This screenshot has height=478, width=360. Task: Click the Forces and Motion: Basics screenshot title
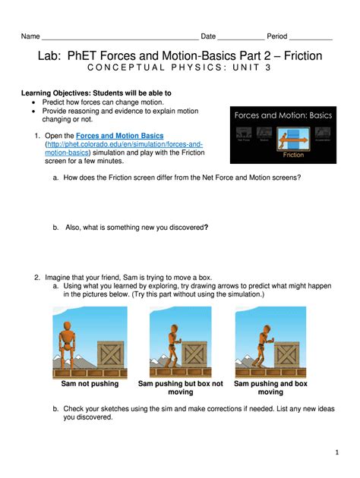(x=283, y=116)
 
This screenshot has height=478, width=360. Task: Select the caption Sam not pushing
(x=90, y=384)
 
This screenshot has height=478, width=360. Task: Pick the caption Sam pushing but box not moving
(x=180, y=388)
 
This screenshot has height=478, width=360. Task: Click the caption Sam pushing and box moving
(x=270, y=388)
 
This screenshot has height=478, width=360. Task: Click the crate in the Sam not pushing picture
(x=111, y=355)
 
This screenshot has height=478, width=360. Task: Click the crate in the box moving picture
(x=287, y=354)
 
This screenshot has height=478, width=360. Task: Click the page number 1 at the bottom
(x=336, y=453)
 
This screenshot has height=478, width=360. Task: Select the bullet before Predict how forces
(x=35, y=102)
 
